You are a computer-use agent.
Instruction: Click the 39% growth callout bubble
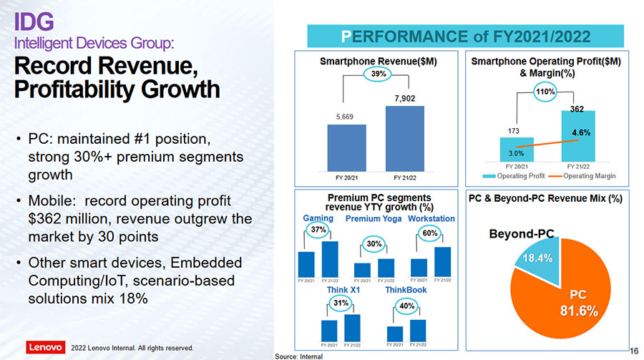tap(376, 74)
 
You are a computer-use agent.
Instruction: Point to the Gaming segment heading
tap(318, 218)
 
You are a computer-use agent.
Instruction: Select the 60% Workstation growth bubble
tap(430, 233)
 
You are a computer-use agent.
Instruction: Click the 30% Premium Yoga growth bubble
tap(374, 244)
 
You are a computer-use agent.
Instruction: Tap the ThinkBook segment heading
tap(406, 291)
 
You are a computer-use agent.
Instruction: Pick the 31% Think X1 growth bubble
tap(341, 303)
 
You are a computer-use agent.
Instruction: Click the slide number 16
tap(633, 350)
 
